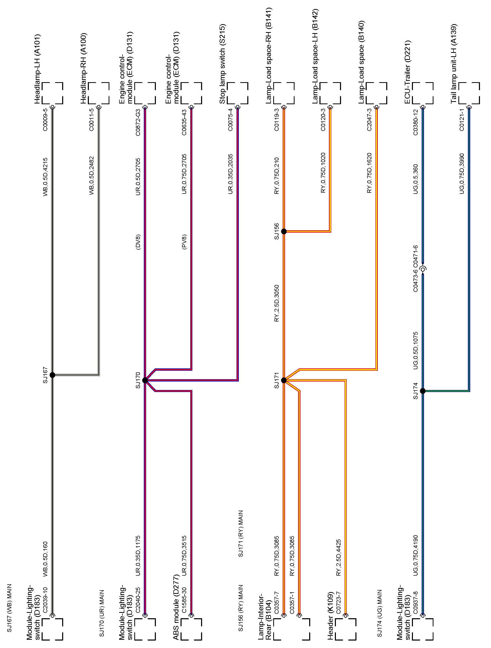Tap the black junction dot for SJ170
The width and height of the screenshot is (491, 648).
[x=145, y=380]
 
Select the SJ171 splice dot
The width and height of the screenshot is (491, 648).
[x=284, y=380]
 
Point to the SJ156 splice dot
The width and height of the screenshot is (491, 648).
[x=284, y=231]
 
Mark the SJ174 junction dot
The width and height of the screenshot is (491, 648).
[x=422, y=391]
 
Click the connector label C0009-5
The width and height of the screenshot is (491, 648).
[x=45, y=120]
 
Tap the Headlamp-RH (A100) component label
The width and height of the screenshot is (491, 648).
[x=84, y=68]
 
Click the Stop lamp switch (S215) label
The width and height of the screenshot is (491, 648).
[x=223, y=64]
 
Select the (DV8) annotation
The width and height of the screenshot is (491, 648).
[x=138, y=242]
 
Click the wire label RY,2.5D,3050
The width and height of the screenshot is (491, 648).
[x=277, y=303]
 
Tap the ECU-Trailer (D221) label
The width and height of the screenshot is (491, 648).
[x=408, y=72]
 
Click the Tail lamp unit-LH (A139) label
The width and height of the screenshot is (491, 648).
[x=454, y=64]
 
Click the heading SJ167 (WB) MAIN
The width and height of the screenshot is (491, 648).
[x=10, y=608]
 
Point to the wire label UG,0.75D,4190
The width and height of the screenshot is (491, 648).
[x=416, y=555]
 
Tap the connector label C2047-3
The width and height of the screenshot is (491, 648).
[x=369, y=120]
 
